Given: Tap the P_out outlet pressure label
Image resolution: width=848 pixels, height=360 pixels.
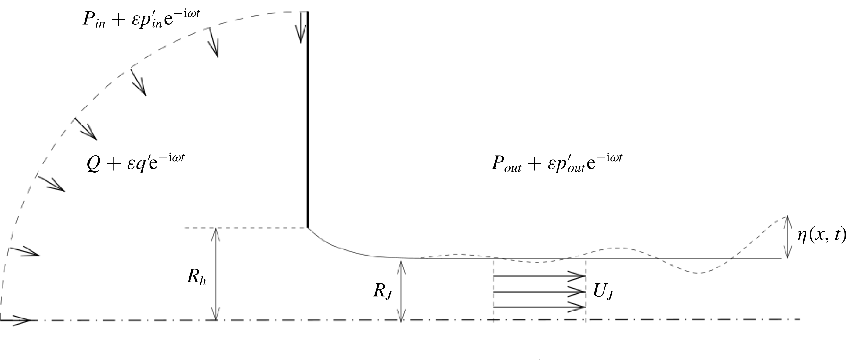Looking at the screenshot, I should click(557, 163).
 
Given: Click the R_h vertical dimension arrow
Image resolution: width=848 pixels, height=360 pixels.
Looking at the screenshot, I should click(216, 273).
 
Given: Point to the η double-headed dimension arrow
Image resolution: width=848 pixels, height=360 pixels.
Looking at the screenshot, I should click(787, 237).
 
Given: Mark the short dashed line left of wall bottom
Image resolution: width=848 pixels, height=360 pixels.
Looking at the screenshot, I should click(245, 227).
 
